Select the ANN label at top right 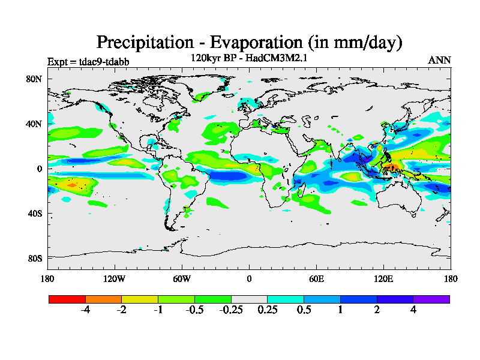[x=439, y=61]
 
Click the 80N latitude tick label [x=34, y=79]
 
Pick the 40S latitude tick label [x=34, y=214]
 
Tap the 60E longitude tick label [x=316, y=278]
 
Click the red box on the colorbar [x=67, y=299]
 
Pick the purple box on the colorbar [x=431, y=299]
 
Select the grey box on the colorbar [x=249, y=299]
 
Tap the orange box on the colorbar [x=103, y=299]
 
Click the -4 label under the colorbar [x=85, y=310]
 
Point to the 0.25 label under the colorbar [x=267, y=310]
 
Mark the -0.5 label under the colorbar [x=194, y=310]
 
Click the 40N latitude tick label [x=34, y=124]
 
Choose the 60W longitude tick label [x=182, y=278]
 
